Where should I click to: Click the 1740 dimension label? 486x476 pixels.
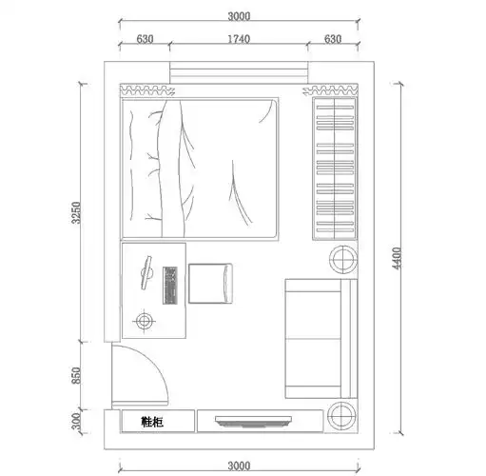[239, 39]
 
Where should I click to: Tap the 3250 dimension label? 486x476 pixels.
[76, 212]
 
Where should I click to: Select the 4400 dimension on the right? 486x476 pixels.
[397, 258]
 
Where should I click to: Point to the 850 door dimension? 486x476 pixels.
[76, 375]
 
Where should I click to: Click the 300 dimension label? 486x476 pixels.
[76, 421]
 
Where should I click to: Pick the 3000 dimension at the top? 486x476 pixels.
[239, 16]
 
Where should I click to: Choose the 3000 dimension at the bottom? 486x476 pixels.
[239, 466]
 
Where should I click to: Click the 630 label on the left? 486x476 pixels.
[145, 39]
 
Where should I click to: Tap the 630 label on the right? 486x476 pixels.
[333, 39]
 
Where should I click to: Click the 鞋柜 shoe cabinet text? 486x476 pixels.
[152, 422]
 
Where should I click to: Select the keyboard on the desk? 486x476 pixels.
[170, 286]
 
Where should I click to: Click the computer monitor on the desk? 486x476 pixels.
[146, 272]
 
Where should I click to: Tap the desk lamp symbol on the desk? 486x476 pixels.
[145, 321]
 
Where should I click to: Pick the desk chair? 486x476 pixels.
[210, 284]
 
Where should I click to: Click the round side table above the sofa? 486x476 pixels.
[343, 259]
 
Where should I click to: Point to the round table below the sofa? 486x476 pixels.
[341, 415]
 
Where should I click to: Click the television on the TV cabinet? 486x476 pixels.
[253, 422]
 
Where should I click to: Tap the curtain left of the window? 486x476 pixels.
[147, 90]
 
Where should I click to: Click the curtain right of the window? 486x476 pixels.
[331, 90]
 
